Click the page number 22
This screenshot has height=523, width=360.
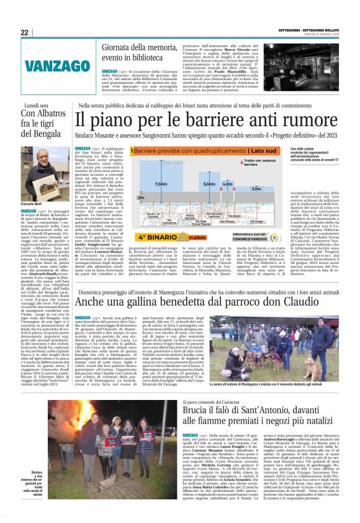pyautogui.click(x=24, y=32)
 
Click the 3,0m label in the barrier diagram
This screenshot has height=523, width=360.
pyautogui.click(x=256, y=188)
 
